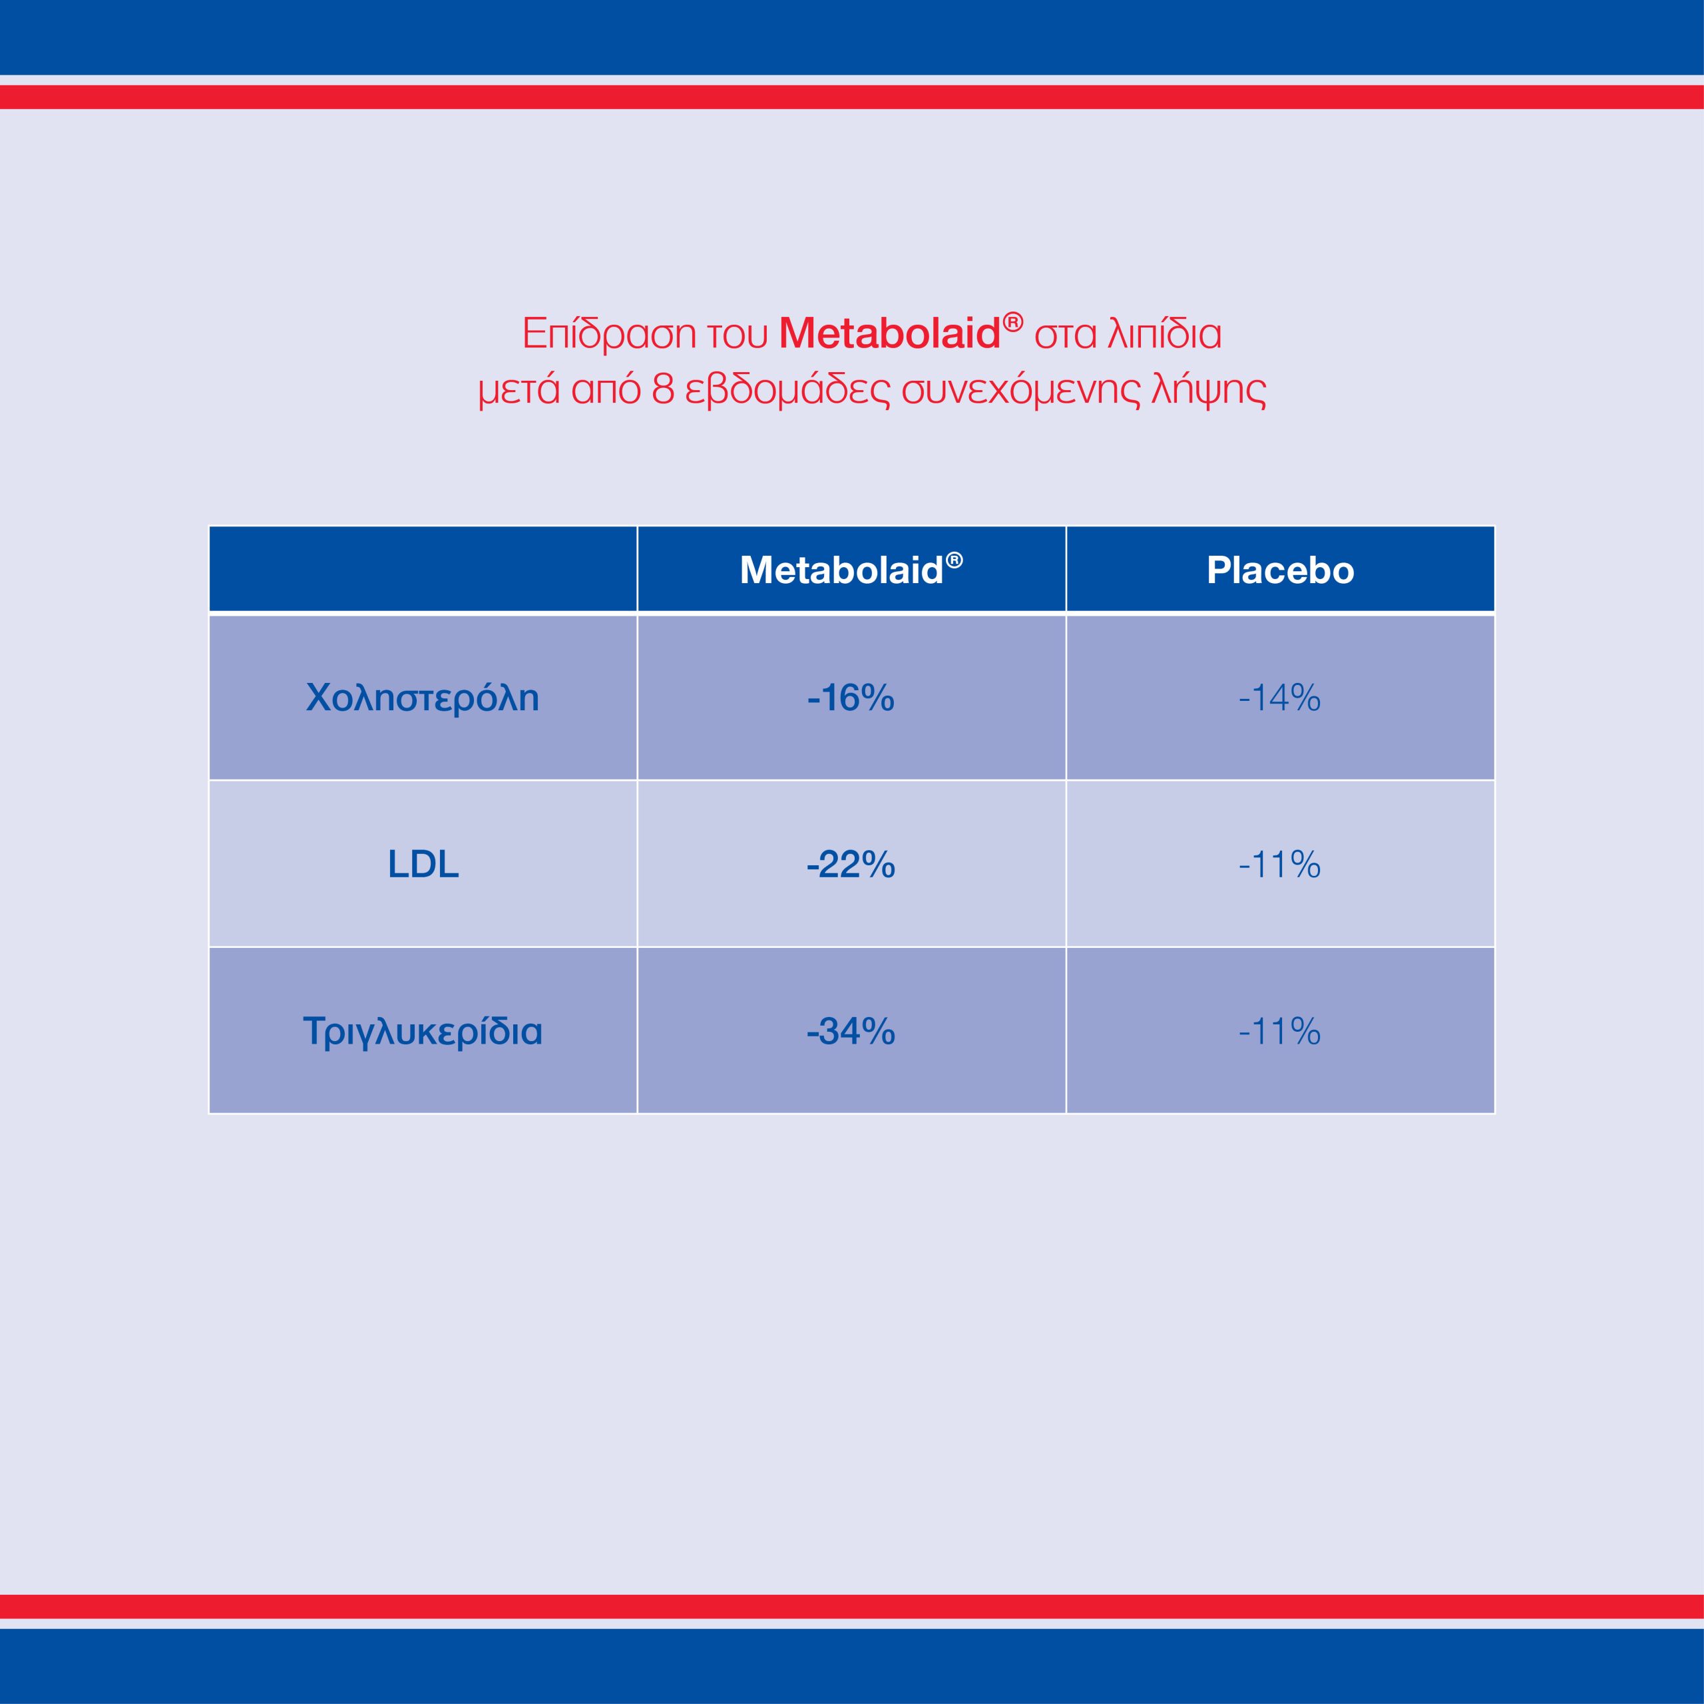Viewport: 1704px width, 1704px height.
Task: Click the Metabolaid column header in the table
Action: point(841,570)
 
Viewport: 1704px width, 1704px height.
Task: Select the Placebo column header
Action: point(1280,570)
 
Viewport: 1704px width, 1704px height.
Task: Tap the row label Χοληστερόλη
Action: point(423,698)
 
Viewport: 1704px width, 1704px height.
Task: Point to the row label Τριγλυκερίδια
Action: point(423,1030)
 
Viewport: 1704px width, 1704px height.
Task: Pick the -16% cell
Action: point(851,698)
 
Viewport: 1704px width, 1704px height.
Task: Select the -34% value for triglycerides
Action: point(851,1030)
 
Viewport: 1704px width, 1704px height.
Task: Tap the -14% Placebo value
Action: point(1280,698)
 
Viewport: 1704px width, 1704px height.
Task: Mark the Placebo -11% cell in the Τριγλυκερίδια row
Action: point(1280,1030)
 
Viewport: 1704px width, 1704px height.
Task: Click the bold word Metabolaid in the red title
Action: point(889,333)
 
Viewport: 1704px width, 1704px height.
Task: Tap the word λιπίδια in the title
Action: point(1164,334)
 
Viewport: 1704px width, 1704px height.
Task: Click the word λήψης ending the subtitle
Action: point(1208,391)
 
